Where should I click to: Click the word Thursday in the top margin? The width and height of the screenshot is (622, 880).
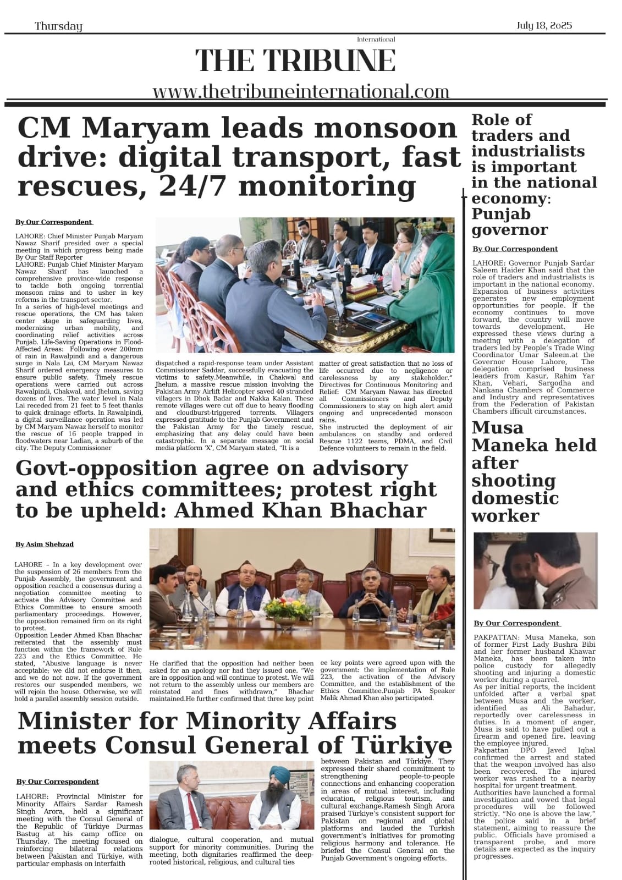click(x=58, y=26)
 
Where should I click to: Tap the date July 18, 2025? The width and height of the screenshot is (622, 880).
click(x=544, y=25)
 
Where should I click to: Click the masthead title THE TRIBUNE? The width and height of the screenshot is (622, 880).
click(x=295, y=61)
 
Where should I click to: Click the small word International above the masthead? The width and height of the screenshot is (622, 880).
click(x=376, y=40)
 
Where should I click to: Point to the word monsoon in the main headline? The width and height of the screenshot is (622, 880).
click(x=384, y=128)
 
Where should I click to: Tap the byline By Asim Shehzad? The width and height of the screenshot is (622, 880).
click(x=45, y=544)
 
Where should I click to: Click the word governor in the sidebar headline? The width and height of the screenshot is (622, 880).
click(x=509, y=229)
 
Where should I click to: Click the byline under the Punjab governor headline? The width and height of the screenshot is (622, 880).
click(x=515, y=249)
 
